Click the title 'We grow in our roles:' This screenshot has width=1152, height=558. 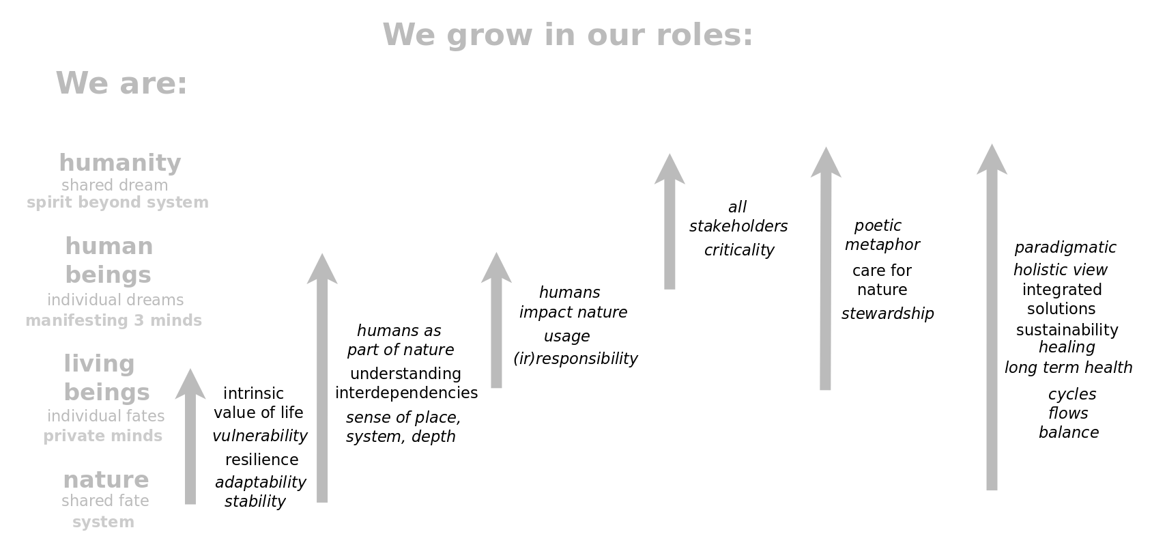pyautogui.click(x=568, y=36)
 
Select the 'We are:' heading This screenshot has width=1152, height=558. pyautogui.click(x=122, y=83)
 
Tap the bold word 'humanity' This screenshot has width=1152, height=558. pyautogui.click(x=120, y=163)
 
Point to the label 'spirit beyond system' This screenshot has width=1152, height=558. pyautogui.click(x=118, y=202)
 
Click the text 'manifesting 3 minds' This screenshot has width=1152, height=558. pyautogui.click(x=114, y=320)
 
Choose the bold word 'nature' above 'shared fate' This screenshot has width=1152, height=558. pyautogui.click(x=106, y=480)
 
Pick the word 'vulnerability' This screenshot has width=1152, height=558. pyautogui.click(x=260, y=436)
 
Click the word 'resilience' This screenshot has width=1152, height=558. pyautogui.click(x=262, y=460)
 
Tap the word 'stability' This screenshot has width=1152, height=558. pyautogui.click(x=255, y=501)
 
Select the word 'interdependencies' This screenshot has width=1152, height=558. pyautogui.click(x=406, y=393)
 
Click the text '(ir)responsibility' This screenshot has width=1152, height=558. pyautogui.click(x=575, y=359)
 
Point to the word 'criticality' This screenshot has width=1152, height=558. pyautogui.click(x=739, y=250)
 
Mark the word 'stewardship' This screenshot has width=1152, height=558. pyautogui.click(x=888, y=313)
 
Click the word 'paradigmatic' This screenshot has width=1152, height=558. pyautogui.click(x=1065, y=248)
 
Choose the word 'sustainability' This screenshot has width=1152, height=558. pyautogui.click(x=1067, y=330)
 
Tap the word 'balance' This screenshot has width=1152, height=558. pyautogui.click(x=1069, y=432)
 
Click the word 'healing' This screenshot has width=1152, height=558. pyautogui.click(x=1067, y=348)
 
